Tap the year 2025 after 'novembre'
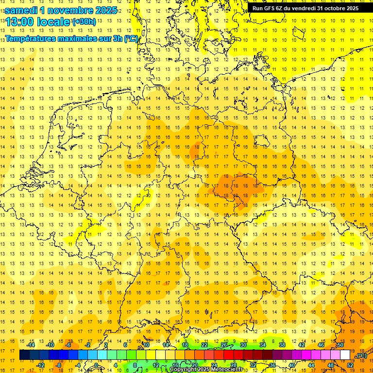pyautogui.click(x=103, y=10)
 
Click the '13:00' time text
pyautogui.click(x=22, y=22)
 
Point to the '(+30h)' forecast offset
pyautogui.click(x=84, y=22)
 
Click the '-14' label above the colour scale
pyautogui.click(x=32, y=345)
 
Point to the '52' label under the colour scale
pyautogui.click(x=350, y=365)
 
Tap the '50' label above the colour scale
pyautogui.click(x=340, y=345)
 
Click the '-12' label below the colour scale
pyautogui.click(x=41, y=365)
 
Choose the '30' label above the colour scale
pyautogui.click(x=243, y=345)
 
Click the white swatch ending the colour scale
pyautogui.click(x=345, y=355)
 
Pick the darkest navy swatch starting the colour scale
pyautogui.click(x=24, y=355)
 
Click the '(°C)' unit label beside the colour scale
pyautogui.click(x=361, y=356)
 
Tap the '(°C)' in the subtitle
pyautogui.click(x=131, y=38)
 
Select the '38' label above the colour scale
pyautogui.click(x=282, y=345)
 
